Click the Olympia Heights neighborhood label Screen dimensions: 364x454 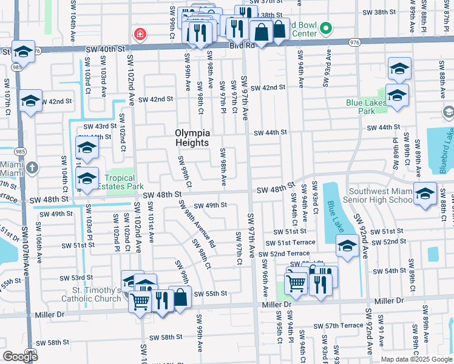point(192,138)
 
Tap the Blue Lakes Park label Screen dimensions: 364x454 point(369,107)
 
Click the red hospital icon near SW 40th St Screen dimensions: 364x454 point(140,34)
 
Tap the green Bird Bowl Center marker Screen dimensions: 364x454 point(327,28)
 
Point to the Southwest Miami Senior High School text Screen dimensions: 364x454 point(378,195)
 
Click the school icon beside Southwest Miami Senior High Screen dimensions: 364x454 point(425,194)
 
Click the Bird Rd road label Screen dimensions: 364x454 point(242,45)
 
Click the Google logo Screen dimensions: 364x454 point(20,357)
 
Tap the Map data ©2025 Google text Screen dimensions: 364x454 point(416,359)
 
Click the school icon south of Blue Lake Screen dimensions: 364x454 point(347,246)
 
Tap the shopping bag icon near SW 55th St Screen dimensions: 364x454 point(180,297)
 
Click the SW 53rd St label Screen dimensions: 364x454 point(72,278)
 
